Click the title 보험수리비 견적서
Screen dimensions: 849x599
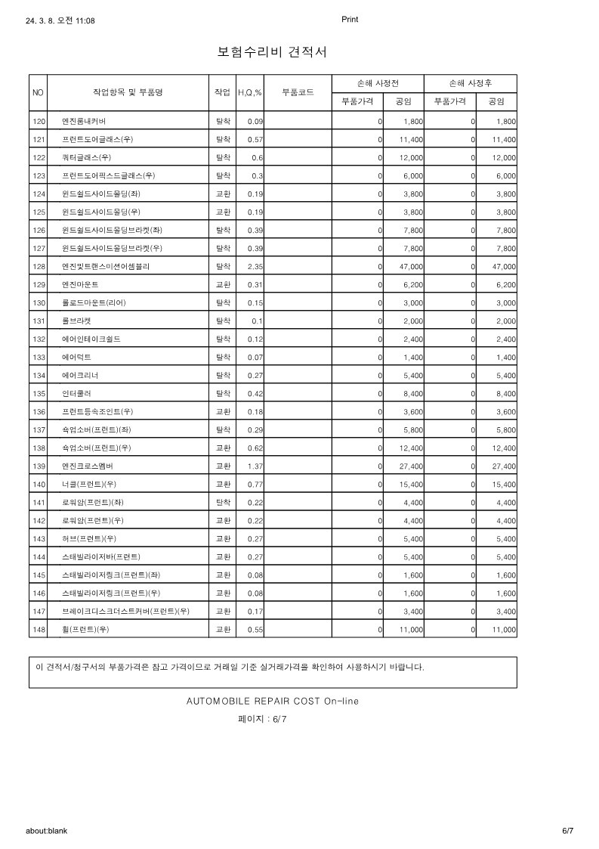coord(272,52)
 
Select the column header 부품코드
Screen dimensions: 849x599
coord(298,92)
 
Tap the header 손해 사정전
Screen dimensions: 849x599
coord(378,83)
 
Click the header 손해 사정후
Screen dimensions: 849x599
coord(471,83)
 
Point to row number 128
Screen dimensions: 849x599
coord(39,266)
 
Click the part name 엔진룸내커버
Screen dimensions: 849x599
coord(84,121)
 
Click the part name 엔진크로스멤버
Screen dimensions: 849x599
coord(87,466)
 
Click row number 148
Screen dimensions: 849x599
coord(39,629)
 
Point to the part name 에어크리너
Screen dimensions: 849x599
coord(80,375)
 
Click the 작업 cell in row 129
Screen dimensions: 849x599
coord(222,284)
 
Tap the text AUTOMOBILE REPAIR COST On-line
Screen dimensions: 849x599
coord(273,701)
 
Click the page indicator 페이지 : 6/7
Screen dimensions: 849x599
coord(262,720)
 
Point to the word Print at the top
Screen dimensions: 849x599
coord(350,20)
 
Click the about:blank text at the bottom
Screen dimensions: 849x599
coord(47,830)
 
